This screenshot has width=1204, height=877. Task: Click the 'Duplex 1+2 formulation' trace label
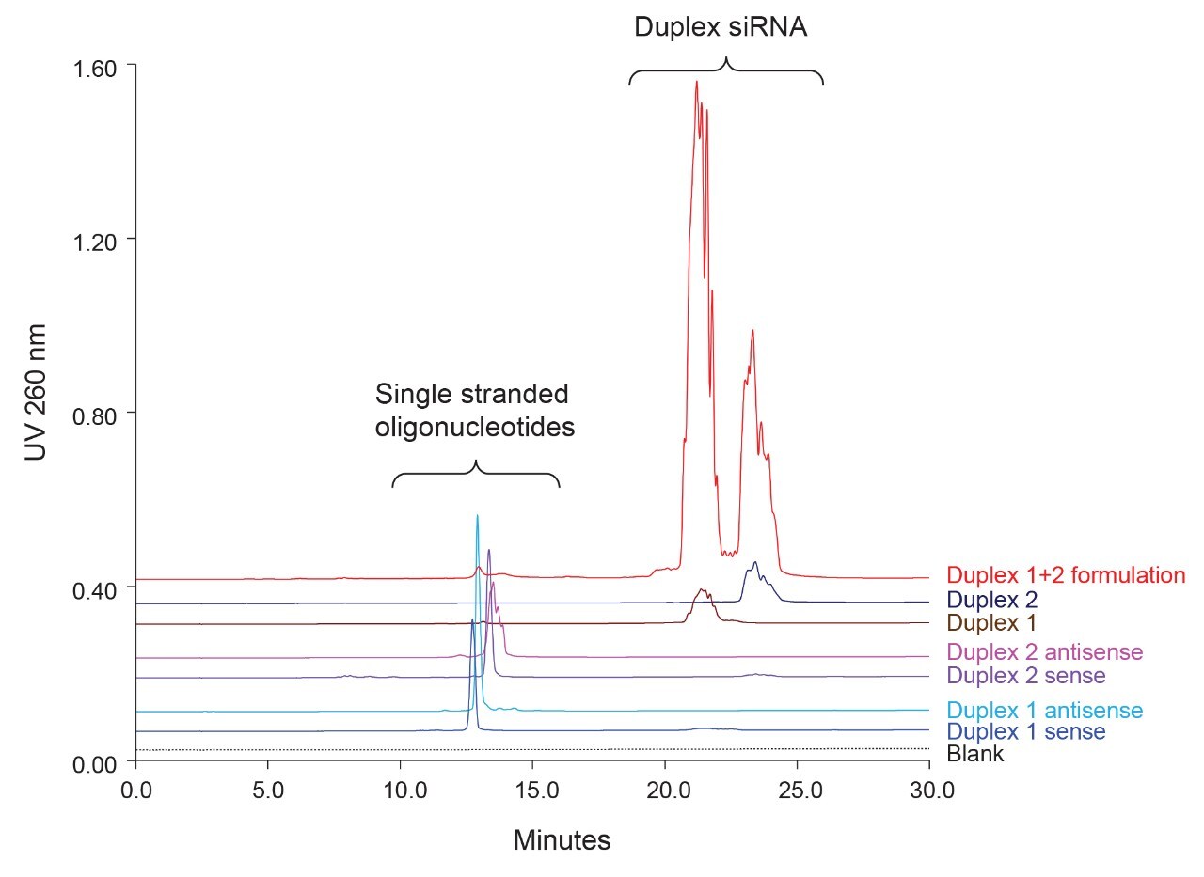tap(1065, 575)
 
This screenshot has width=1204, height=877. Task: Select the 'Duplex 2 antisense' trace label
tap(1044, 652)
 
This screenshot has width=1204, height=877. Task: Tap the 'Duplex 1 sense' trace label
tap(1025, 731)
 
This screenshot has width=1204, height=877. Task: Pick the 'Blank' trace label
tap(975, 754)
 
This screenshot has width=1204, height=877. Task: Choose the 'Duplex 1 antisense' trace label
tap(1044, 711)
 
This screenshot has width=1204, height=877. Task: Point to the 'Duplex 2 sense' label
tap(1025, 676)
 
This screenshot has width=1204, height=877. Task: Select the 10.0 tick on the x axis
tap(401, 788)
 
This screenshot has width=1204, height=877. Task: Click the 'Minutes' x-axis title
tap(562, 839)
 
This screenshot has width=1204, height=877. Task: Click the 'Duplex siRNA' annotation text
tap(721, 27)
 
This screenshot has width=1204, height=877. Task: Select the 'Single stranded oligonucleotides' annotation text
tap(474, 411)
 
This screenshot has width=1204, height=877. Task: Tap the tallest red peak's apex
tap(696, 82)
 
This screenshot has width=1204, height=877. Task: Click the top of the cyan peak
tap(477, 515)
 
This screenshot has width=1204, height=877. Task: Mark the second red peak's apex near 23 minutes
tap(752, 330)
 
